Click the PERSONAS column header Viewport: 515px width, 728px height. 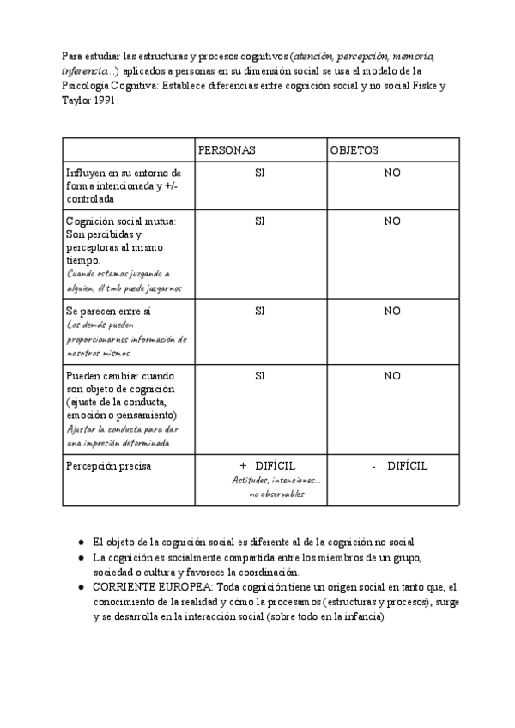click(227, 149)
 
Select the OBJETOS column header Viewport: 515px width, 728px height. click(354, 149)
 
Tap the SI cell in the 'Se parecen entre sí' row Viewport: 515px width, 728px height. click(259, 311)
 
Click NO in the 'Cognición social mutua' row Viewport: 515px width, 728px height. click(392, 221)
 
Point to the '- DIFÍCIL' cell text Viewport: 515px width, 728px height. click(399, 466)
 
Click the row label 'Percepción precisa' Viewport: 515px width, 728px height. click(108, 466)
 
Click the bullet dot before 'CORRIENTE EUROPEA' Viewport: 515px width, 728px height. click(81, 586)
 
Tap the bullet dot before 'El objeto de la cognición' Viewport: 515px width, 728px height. click(81, 543)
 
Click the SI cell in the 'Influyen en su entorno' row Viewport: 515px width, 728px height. click(259, 173)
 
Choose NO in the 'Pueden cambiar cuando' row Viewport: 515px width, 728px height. click(392, 375)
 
